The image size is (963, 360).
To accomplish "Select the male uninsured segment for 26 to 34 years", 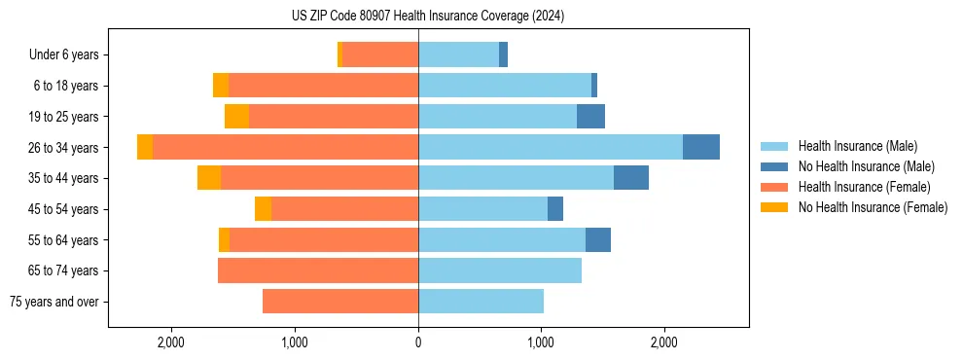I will [x=700, y=147].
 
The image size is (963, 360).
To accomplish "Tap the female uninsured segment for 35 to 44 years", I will [x=208, y=178].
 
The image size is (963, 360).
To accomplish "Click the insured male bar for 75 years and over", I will [x=481, y=302].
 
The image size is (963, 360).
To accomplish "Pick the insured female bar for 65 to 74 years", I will [x=318, y=270].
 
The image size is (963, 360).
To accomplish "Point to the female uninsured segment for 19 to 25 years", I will [x=236, y=117].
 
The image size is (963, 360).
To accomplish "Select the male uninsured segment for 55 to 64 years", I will [x=597, y=239].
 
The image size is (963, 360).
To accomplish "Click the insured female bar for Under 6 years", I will [x=379, y=54].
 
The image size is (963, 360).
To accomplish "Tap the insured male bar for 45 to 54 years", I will [x=482, y=208].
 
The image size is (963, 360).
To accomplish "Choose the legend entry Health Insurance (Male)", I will [x=856, y=146].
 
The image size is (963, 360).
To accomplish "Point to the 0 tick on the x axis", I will [x=418, y=342].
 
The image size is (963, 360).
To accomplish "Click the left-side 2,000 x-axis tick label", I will [x=171, y=342].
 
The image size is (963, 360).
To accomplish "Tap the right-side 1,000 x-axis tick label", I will [x=541, y=342].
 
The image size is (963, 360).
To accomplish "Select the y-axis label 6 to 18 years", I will [x=66, y=86].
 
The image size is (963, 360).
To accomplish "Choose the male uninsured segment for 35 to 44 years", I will [x=630, y=178].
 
